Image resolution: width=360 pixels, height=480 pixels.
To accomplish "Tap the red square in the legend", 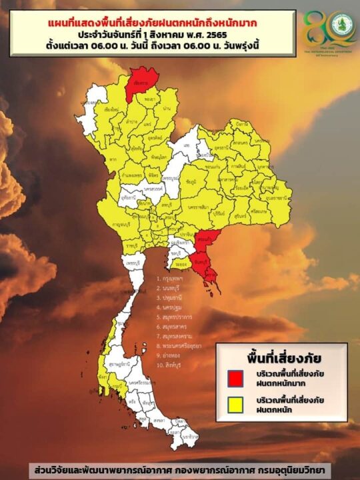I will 235,377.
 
